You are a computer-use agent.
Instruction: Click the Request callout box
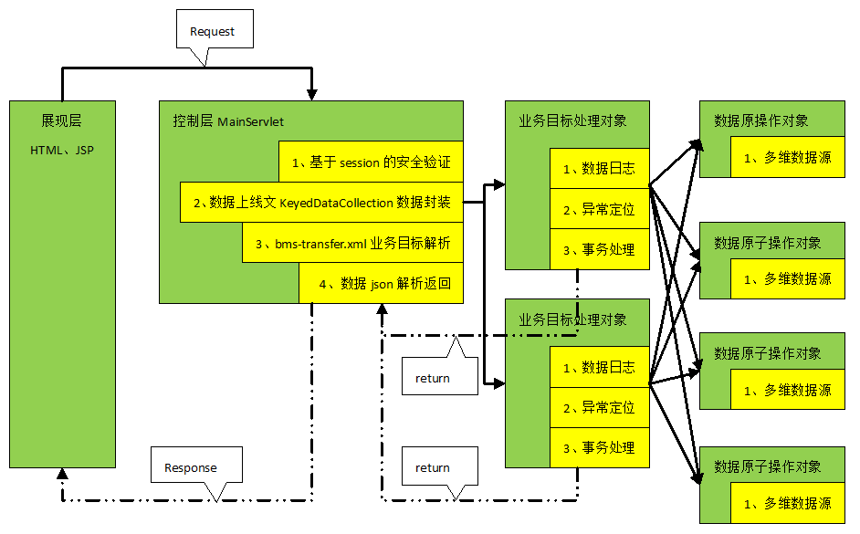pyautogui.click(x=215, y=29)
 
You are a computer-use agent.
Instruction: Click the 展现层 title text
pyautogui.click(x=61, y=120)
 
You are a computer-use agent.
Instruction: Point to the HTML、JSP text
pyautogui.click(x=62, y=151)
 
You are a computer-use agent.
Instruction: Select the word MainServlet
pyautogui.click(x=251, y=121)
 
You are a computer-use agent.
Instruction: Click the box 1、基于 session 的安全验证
pyautogui.click(x=371, y=162)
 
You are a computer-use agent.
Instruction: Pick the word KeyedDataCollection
pyautogui.click(x=336, y=203)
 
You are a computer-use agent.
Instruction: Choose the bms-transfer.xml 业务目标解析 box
pyautogui.click(x=352, y=242)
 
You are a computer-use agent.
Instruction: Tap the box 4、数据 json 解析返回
pyautogui.click(x=382, y=283)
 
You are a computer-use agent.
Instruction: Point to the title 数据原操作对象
pyautogui.click(x=760, y=120)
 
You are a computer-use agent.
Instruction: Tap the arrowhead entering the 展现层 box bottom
pyautogui.click(x=62, y=474)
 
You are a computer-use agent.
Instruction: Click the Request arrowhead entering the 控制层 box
pyautogui.click(x=311, y=94)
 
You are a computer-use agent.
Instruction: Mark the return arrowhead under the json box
pyautogui.click(x=383, y=309)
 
